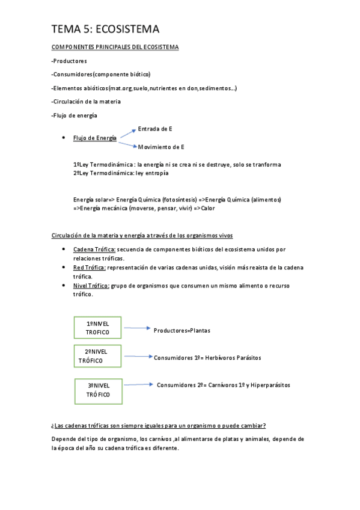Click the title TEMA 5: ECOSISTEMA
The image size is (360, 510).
(x=105, y=29)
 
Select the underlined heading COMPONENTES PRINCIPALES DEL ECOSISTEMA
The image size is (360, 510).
(x=114, y=47)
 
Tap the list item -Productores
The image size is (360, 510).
(x=69, y=61)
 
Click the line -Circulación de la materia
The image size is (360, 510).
(x=86, y=101)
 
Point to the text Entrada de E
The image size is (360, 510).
(x=155, y=129)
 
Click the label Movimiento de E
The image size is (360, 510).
(x=161, y=147)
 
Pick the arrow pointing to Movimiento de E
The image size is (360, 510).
(x=127, y=143)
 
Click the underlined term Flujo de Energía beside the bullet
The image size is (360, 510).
(x=95, y=138)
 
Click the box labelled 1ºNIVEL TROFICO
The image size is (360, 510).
(x=97, y=328)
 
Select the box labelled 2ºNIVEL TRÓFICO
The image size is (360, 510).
(x=97, y=356)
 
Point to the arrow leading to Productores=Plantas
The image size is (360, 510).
(x=135, y=328)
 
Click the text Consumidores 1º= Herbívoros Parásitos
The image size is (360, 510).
(x=207, y=357)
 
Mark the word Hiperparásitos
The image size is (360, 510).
(x=270, y=385)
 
